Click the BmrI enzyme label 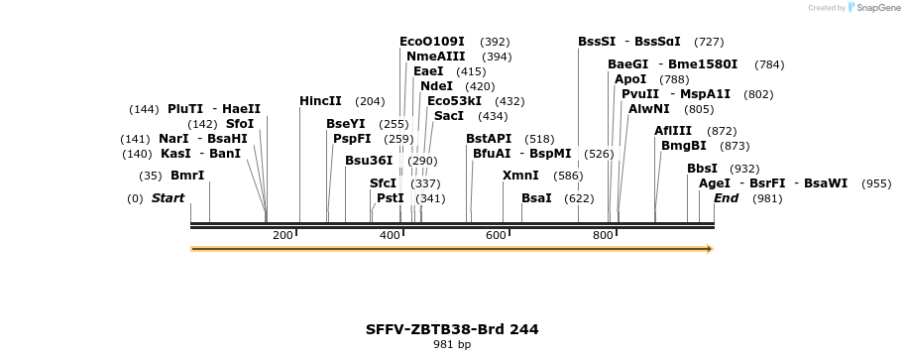(187, 176)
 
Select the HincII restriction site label (320, 101)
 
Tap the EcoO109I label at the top (431, 42)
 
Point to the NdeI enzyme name (436, 86)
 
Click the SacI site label (449, 116)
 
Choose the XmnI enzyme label (520, 176)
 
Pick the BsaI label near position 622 (536, 198)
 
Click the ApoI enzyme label (630, 79)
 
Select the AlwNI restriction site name (649, 109)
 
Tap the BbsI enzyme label (702, 169)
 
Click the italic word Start (168, 198)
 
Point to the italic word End (726, 198)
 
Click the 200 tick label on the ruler (283, 235)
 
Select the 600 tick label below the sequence (496, 235)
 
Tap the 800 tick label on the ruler (603, 235)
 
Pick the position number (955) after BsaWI (876, 183)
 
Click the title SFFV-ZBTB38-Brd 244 (452, 329)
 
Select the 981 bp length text (452, 345)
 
